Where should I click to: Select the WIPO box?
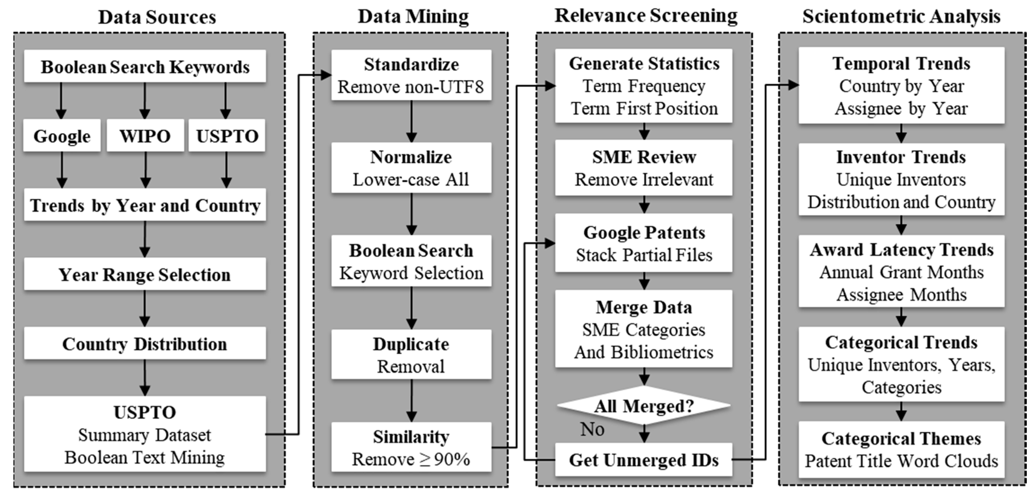pyautogui.click(x=145, y=136)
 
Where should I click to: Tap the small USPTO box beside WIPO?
pyautogui.click(x=227, y=136)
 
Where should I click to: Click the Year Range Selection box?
pyautogui.click(x=145, y=275)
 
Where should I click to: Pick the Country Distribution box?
pyautogui.click(x=145, y=344)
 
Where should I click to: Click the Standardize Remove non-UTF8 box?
pyautogui.click(x=411, y=75)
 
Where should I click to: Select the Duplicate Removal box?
pyautogui.click(x=411, y=355)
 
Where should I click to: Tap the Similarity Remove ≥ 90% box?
pyautogui.click(x=411, y=448)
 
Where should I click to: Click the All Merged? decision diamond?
pyautogui.click(x=644, y=406)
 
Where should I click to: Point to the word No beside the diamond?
pyautogui.click(x=592, y=429)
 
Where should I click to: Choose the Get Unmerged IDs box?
pyautogui.click(x=644, y=460)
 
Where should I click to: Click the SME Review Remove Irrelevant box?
pyautogui.click(x=644, y=168)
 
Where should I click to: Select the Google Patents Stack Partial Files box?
pyautogui.click(x=644, y=243)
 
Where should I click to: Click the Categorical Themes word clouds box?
pyautogui.click(x=901, y=450)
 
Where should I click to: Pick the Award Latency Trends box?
pyautogui.click(x=901, y=272)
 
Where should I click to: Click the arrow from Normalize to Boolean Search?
pyautogui.click(x=411, y=213)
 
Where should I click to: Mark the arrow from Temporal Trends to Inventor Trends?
pyautogui.click(x=901, y=133)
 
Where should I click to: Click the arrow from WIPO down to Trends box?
pyautogui.click(x=146, y=169)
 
